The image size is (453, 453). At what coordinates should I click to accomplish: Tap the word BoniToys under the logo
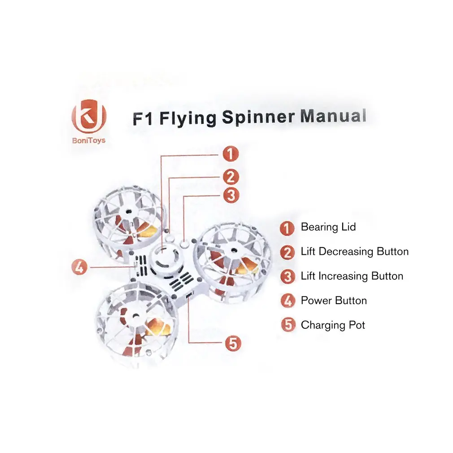tap(89, 141)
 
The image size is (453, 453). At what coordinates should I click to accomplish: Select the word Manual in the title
tap(333, 116)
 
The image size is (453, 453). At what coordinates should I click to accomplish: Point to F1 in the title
tap(143, 118)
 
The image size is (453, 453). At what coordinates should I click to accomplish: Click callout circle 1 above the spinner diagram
tap(231, 154)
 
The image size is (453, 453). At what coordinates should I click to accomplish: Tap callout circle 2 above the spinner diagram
tap(231, 177)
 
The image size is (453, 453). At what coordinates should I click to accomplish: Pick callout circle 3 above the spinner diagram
tap(231, 195)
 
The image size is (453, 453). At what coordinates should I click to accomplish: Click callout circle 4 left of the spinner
tap(79, 267)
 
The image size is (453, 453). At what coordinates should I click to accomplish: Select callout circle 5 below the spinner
tap(233, 344)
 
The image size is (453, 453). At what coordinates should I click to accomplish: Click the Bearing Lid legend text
tap(328, 227)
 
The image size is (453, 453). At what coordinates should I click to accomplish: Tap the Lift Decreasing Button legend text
tap(355, 252)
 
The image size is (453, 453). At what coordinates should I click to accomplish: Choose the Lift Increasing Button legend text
tap(352, 276)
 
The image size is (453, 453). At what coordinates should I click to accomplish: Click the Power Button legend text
tap(334, 301)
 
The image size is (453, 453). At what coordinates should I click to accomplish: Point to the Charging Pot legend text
tap(333, 325)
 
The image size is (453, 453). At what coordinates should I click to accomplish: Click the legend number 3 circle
tap(288, 277)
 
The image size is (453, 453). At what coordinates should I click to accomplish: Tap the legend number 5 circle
tap(288, 325)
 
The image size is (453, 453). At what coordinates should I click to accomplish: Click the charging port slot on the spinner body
tap(189, 295)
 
